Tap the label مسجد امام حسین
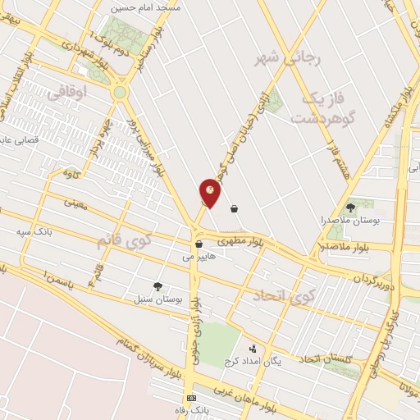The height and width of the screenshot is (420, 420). point(150,6)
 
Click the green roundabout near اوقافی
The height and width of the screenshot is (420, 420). point(120,93)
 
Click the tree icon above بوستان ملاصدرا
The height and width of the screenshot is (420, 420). point(351,208)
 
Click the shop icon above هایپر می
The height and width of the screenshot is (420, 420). point(199,244)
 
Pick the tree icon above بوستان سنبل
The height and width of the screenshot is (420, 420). point(157,285)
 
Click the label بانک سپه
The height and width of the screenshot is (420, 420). point(34,231)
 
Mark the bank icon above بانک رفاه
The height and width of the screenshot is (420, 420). point(191,398)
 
